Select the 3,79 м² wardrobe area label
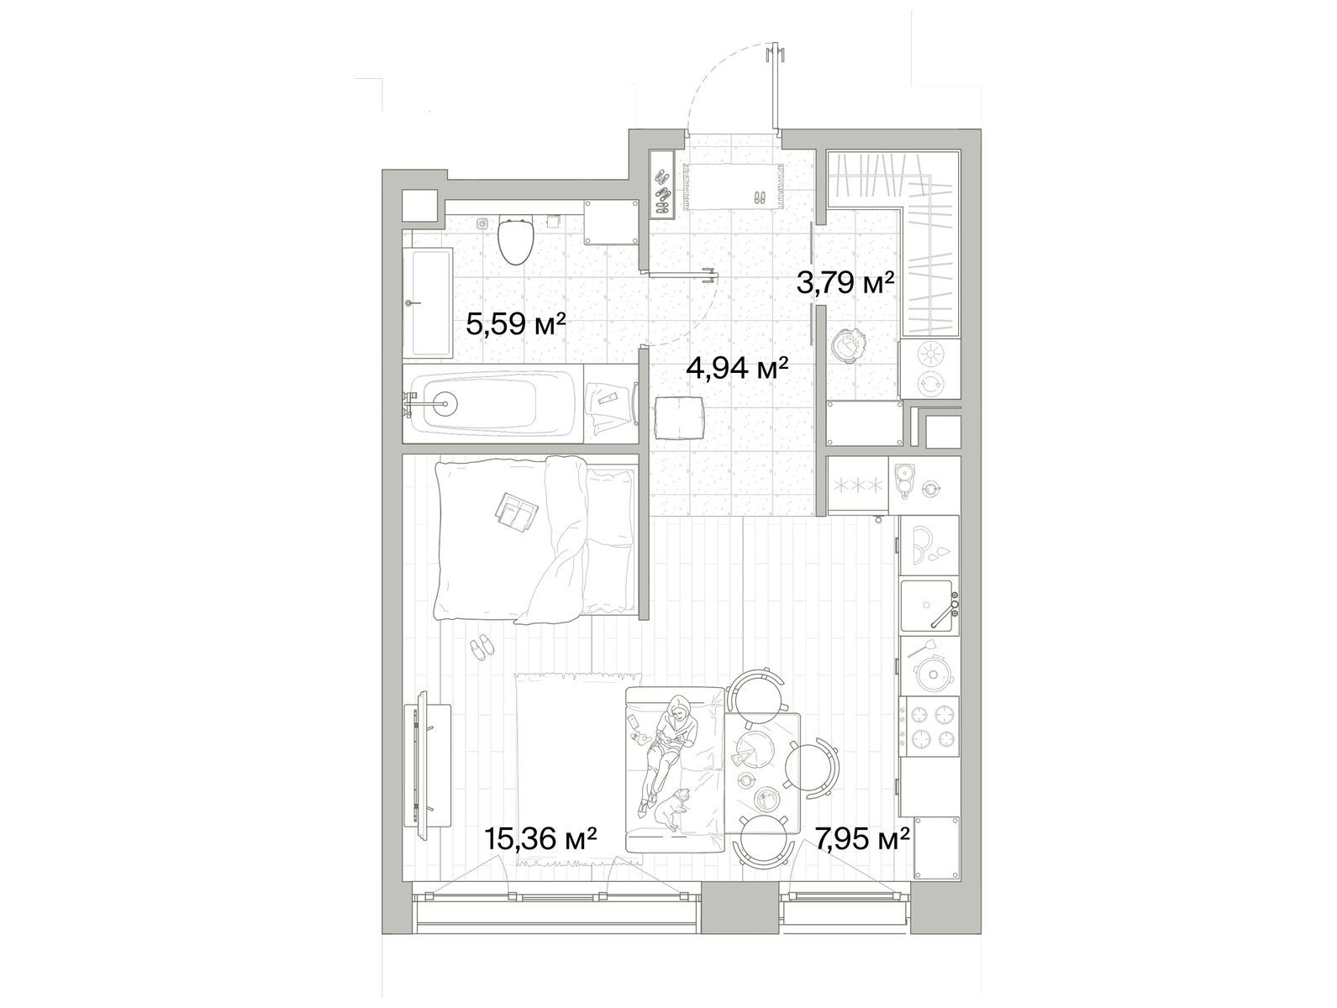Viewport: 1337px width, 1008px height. (845, 282)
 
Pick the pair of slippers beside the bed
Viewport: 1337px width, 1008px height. (482, 648)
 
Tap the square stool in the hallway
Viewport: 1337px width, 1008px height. (678, 417)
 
